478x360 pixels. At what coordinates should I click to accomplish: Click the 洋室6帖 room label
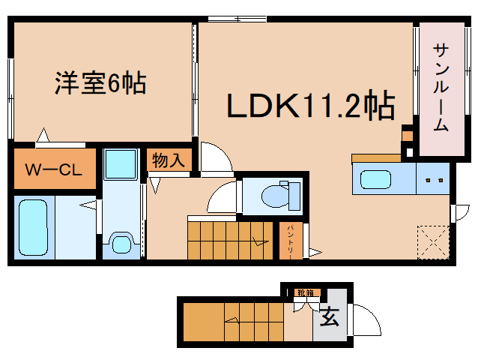[x=100, y=83]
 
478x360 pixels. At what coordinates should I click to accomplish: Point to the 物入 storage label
[x=168, y=160]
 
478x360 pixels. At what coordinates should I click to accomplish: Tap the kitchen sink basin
[x=380, y=180]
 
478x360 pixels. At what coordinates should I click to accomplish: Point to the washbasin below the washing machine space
[x=120, y=241]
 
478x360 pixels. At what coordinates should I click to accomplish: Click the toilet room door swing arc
[x=221, y=198]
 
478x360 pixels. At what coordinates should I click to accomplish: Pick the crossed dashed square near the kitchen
[x=432, y=240]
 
